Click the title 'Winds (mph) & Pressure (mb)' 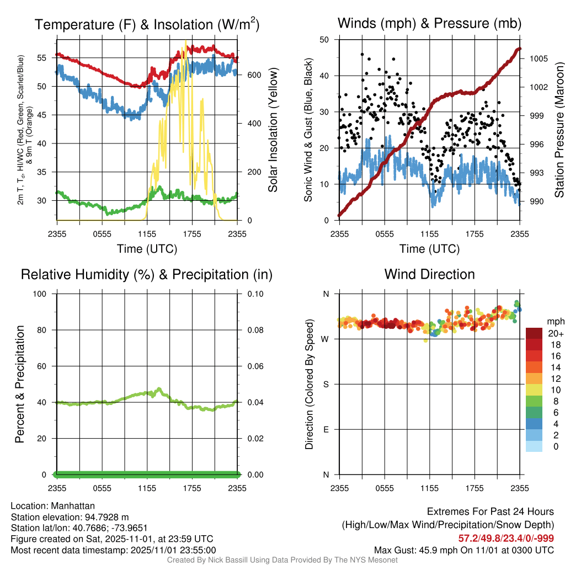click(429, 23)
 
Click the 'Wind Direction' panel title click(429, 274)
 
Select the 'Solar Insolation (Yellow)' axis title click(273, 130)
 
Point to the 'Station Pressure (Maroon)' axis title click(558, 130)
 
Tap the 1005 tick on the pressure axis click(537, 58)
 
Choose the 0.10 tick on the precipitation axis click(254, 294)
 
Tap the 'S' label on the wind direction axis click(326, 385)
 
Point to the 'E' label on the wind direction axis click(326, 430)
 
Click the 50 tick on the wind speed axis click(324, 40)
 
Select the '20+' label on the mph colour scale click(555, 334)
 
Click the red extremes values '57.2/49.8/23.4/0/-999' click(506, 539)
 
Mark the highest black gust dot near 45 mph click(362, 54)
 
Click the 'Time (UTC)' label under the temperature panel click(147, 249)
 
